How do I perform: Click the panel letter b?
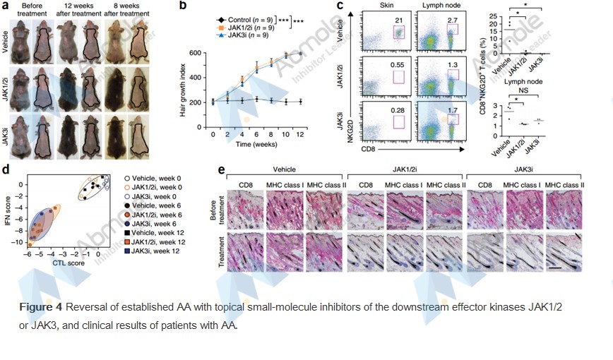(182, 6)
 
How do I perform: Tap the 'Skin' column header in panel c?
(393, 6)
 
